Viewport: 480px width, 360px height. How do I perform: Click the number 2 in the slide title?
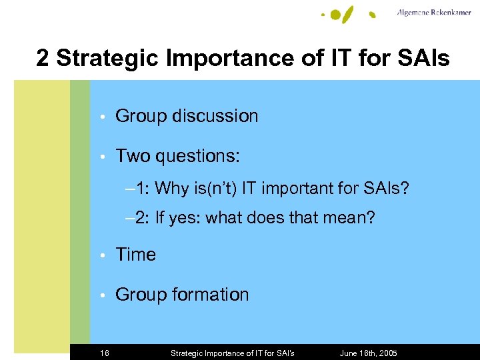(43, 59)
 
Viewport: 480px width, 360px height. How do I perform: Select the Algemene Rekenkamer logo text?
(435, 13)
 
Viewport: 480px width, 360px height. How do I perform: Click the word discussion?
(215, 116)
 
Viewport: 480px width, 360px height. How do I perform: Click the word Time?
(135, 255)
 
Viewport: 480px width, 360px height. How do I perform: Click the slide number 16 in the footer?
(105, 353)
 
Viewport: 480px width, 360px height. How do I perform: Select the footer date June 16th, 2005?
(369, 353)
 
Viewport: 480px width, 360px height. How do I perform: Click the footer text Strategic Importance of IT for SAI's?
(232, 353)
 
